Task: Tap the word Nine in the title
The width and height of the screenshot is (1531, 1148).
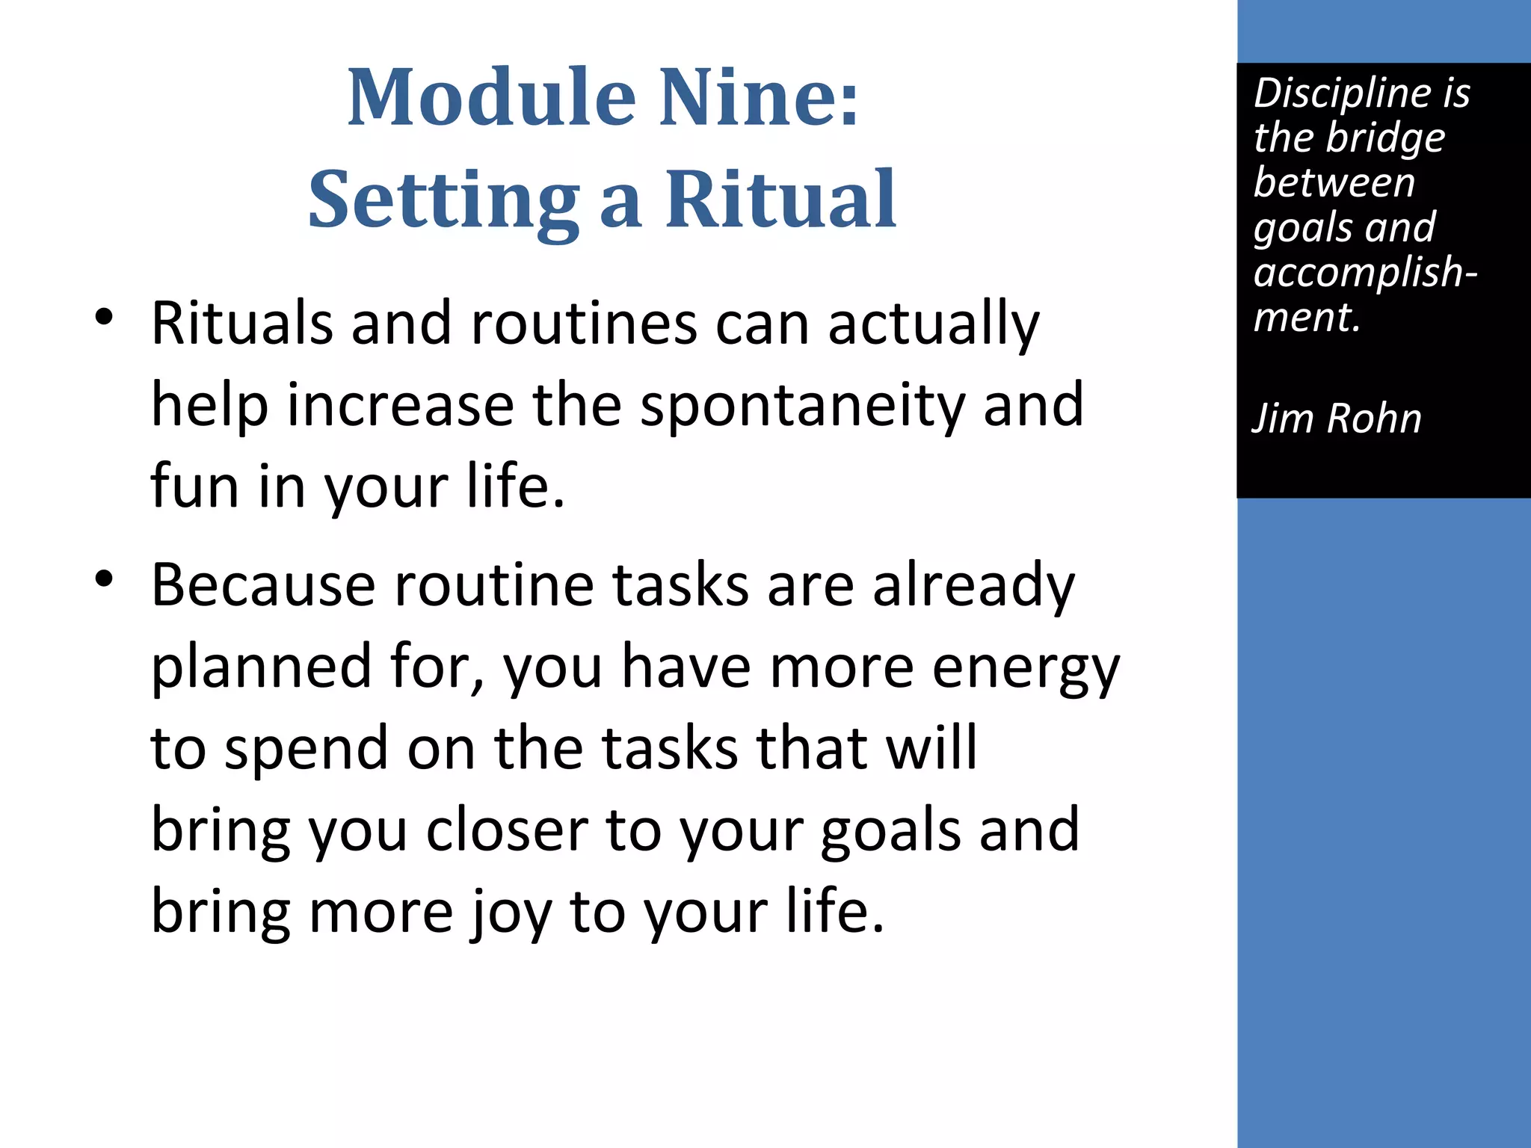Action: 759,97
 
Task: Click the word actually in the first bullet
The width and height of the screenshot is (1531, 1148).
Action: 934,324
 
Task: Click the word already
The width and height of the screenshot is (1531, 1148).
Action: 973,586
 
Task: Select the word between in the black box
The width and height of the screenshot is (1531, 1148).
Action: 1334,183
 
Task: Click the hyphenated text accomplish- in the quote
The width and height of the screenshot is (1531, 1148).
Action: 1365,272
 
